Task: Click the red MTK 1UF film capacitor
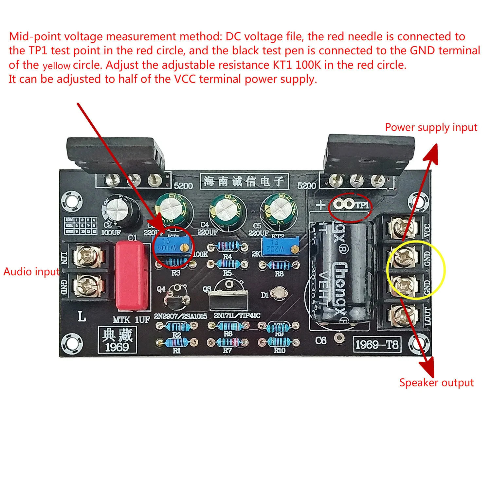click(132, 276)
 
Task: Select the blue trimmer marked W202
click(280, 247)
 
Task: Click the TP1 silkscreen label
click(362, 205)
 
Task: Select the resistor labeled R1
click(177, 342)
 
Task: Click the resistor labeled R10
click(279, 342)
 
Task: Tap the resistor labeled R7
click(228, 342)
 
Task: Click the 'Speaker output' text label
click(436, 382)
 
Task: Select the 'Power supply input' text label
click(431, 127)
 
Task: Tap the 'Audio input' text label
click(31, 272)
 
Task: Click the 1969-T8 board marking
click(377, 344)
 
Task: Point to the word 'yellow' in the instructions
click(56, 66)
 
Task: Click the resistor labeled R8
click(279, 265)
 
